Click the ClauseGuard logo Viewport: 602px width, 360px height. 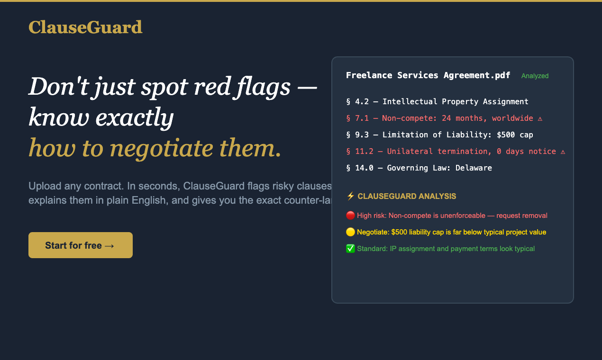click(x=85, y=27)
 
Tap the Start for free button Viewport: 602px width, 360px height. click(x=80, y=245)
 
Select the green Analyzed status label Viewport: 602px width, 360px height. click(x=535, y=76)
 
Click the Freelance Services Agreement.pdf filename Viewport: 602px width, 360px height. click(x=428, y=75)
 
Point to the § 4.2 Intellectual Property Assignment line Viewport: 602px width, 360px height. click(x=437, y=101)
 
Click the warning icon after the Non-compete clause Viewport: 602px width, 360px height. click(x=540, y=118)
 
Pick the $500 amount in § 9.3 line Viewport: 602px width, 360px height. click(x=506, y=135)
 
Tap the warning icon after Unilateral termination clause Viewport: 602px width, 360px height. click(x=563, y=152)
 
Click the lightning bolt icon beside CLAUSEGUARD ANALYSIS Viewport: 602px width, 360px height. click(x=350, y=196)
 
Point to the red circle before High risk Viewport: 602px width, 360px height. click(x=350, y=216)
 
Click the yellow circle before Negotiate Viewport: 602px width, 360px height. click(x=350, y=232)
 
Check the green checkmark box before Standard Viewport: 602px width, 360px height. click(x=350, y=249)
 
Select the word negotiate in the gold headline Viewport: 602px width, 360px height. click(x=163, y=148)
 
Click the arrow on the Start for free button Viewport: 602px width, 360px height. click(x=109, y=245)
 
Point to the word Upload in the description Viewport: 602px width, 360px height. click(x=43, y=186)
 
